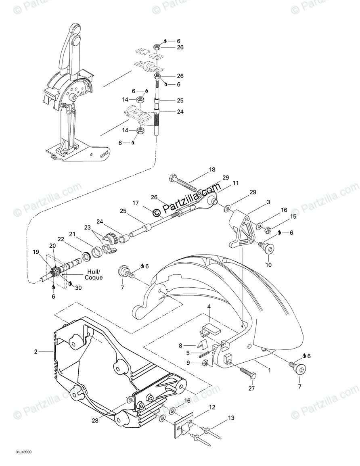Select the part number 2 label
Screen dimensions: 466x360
coord(36,352)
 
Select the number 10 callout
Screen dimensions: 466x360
coord(268,265)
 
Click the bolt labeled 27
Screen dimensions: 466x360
coord(247,372)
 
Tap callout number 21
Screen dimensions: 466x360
coord(72,234)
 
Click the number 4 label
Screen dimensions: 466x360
coord(209,307)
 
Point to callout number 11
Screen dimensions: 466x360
coord(236,183)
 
